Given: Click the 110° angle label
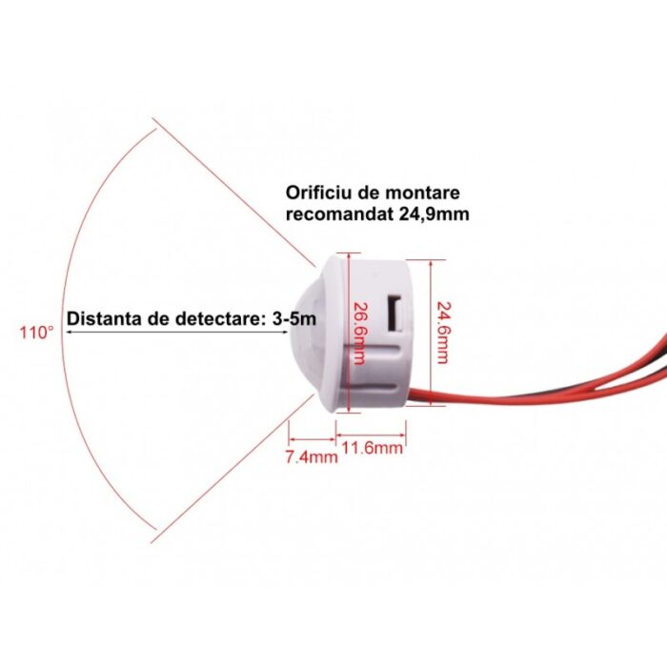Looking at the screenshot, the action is pos(37,333).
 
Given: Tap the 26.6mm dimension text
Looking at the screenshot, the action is pos(360,333).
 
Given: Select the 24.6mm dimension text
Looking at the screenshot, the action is pos(443,333).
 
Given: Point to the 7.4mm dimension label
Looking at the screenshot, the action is pos(312,456).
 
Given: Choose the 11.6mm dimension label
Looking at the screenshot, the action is pos(373,448).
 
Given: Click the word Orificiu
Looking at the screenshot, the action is pos(318,192).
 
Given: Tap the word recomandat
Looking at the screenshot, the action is pos(339,214).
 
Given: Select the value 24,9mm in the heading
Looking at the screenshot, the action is pos(434,214).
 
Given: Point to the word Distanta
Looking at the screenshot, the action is pos(105,318).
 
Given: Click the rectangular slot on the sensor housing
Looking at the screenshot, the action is pos(395,313).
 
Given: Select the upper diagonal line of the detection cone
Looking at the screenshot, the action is pos(234,192).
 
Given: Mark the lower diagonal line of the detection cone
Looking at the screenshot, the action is pos(233,468).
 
